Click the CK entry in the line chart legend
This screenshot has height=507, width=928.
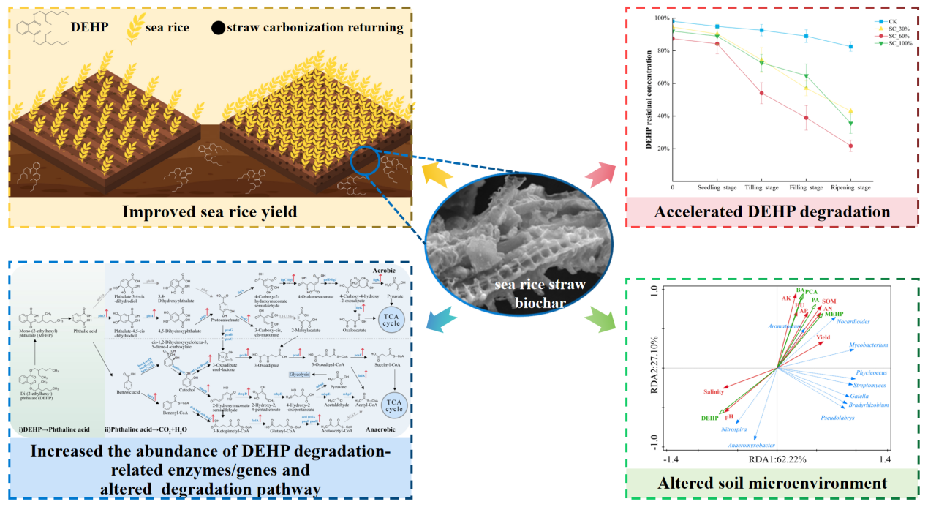[x=891, y=22]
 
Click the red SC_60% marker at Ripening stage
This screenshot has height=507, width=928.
[x=850, y=146]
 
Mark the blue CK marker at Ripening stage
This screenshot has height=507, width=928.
[x=850, y=46]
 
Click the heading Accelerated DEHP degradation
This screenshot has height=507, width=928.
[x=772, y=213]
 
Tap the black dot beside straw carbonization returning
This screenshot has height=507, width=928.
[x=218, y=29]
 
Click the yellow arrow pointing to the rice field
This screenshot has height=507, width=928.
[x=437, y=175]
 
